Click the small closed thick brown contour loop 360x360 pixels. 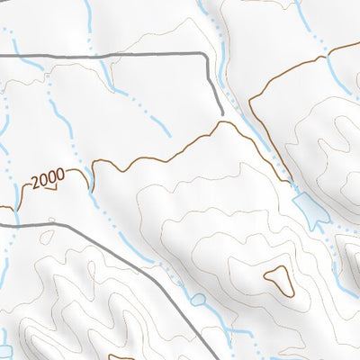tap(277, 280)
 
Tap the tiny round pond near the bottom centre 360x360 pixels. tap(195, 299)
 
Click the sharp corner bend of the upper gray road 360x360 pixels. tap(208, 56)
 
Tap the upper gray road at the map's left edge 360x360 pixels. tap(2, 56)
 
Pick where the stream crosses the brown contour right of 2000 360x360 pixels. tap(92, 170)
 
